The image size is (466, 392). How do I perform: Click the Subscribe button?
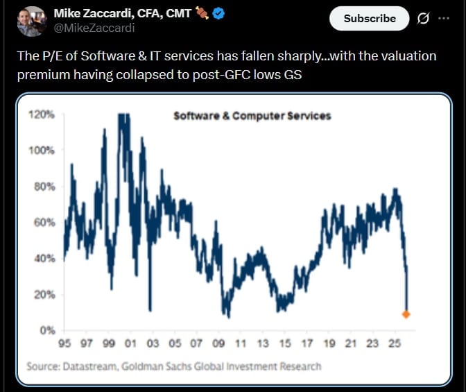[x=370, y=19]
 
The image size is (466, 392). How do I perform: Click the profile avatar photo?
[x=31, y=21]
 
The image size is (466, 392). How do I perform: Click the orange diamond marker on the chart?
[x=406, y=314]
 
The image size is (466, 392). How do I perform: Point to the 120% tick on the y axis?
[x=43, y=114]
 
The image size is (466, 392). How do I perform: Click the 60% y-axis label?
[x=44, y=223]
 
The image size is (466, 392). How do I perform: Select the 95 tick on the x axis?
[x=64, y=343]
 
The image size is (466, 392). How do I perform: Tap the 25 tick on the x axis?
[x=394, y=343]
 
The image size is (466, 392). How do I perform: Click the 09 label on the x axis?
[x=218, y=343]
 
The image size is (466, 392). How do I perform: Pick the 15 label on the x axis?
[x=284, y=343]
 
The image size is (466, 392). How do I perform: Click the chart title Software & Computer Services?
[x=252, y=116]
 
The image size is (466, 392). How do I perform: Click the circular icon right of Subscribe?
[x=423, y=19]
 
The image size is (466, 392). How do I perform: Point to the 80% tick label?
[x=44, y=187]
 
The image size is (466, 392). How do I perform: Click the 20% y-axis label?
[x=44, y=295]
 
